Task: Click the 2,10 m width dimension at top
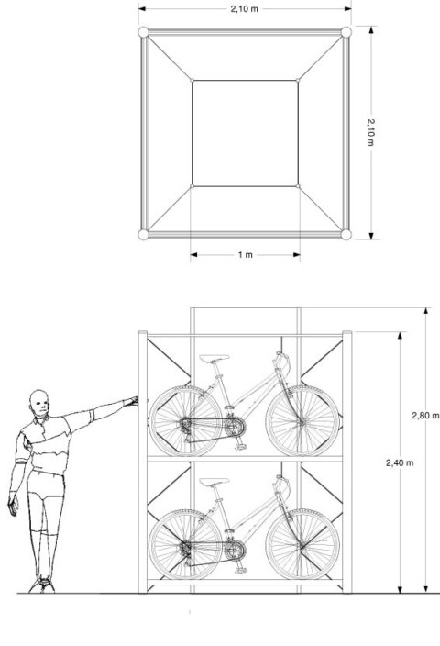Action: tap(245, 9)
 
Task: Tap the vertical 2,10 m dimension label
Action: tap(371, 133)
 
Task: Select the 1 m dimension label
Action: tap(245, 255)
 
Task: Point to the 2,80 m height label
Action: tap(425, 414)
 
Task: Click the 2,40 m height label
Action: tap(400, 462)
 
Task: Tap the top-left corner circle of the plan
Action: tap(143, 33)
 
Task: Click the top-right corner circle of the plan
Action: tap(346, 33)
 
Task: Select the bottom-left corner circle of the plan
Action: tap(143, 235)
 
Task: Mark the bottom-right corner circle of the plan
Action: tap(346, 235)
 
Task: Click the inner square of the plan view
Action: tap(245, 133)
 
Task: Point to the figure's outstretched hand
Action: tap(131, 401)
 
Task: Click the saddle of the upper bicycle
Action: tap(214, 359)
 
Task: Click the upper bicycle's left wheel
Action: tap(186, 420)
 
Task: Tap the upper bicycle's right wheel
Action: tap(302, 420)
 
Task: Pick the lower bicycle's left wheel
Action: tap(186, 543)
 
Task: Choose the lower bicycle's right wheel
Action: tap(302, 543)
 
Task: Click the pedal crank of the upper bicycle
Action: tap(234, 428)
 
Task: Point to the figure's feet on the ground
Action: tap(40, 584)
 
